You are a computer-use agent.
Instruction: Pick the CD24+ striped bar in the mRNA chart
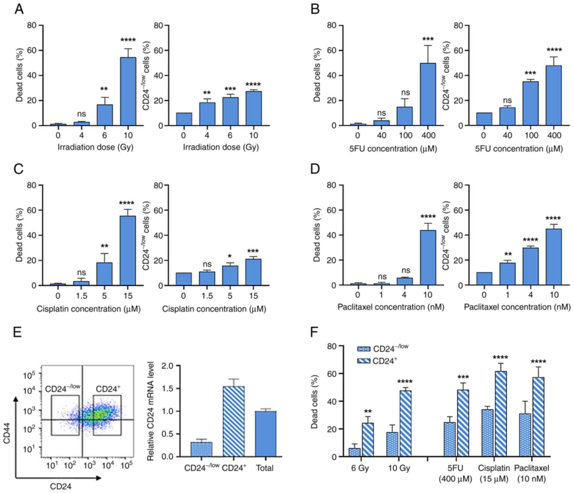point(234,421)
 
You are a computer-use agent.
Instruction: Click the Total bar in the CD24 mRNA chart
point(265,434)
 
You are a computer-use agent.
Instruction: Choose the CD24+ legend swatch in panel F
point(364,361)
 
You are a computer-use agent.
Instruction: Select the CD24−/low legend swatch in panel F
point(364,349)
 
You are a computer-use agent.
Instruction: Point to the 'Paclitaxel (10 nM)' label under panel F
point(532,473)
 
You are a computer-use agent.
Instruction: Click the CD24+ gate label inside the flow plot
point(108,389)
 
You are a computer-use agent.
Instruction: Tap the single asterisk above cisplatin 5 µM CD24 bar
point(230,256)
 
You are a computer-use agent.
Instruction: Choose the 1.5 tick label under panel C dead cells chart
point(81,296)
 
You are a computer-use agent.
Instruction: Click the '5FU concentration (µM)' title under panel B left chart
point(393,149)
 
